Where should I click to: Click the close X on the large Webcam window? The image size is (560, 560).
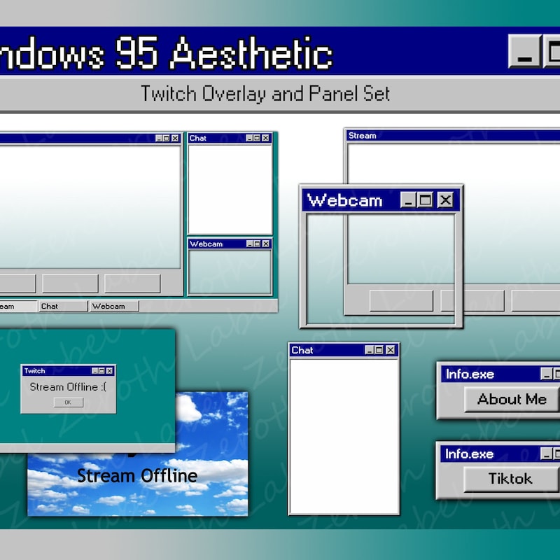[445, 201]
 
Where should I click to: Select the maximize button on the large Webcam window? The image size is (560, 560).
[426, 201]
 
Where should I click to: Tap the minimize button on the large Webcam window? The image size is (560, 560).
[409, 201]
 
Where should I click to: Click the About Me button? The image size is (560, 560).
[511, 400]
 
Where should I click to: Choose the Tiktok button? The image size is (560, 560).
[510, 479]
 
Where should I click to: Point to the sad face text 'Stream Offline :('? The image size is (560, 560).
[68, 387]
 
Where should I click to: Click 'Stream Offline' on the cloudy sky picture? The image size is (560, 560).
[137, 476]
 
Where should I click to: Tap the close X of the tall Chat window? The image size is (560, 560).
[391, 350]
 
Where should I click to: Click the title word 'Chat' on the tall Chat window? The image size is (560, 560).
[302, 350]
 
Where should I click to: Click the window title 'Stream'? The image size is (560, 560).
[362, 136]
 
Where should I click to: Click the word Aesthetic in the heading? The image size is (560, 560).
[251, 52]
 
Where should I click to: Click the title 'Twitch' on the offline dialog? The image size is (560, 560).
[34, 371]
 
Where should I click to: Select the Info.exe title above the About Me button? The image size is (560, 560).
[470, 374]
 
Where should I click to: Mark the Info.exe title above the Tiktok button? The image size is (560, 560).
[470, 454]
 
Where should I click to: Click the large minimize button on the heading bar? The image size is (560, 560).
[524, 52]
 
